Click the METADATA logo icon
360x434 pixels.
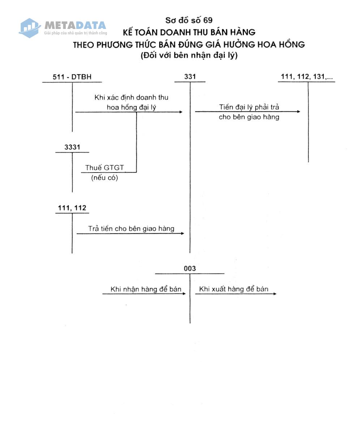[29, 27]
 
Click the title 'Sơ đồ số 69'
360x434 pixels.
[189, 20]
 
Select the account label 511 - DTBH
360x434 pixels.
[72, 77]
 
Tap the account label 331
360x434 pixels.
[190, 77]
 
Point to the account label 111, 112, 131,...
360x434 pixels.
[307, 77]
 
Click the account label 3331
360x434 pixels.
[72, 147]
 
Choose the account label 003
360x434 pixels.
[190, 268]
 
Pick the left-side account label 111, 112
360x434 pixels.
[72, 208]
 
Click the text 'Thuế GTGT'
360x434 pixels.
[104, 168]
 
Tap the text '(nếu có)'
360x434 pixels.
[104, 178]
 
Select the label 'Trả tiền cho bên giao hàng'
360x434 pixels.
[131, 229]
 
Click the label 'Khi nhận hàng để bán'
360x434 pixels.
[146, 289]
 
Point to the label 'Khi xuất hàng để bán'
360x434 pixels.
[234, 289]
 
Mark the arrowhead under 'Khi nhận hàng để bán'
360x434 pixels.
[184, 294]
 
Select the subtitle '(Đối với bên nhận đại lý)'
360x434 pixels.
[189, 56]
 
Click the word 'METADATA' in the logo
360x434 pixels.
[75, 25]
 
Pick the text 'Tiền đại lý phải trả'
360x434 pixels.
[249, 107]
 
